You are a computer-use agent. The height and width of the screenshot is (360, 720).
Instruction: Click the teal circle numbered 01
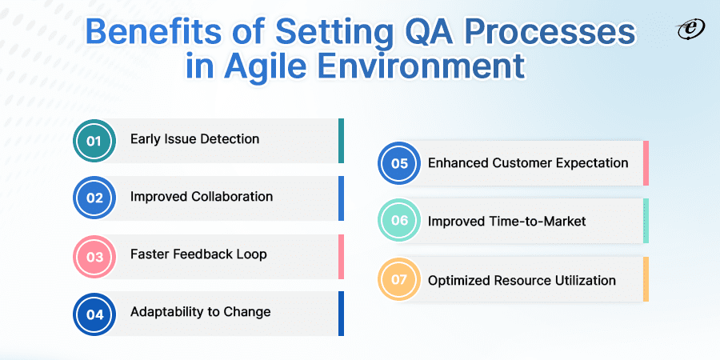coord(94,141)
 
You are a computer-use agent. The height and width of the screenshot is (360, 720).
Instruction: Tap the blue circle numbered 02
coord(94,198)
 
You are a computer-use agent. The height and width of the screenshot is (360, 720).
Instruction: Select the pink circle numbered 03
coord(94,257)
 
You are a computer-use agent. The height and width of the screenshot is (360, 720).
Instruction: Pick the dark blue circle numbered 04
coord(94,314)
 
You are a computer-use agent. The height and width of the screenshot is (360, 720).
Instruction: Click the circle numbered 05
coord(399,163)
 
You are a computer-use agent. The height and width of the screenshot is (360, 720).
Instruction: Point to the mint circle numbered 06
coord(399,221)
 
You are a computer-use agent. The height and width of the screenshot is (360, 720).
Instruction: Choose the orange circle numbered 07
coord(399,279)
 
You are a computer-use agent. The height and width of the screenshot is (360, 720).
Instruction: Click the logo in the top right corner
coord(691,30)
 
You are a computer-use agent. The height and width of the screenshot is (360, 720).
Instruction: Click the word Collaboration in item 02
coord(234,197)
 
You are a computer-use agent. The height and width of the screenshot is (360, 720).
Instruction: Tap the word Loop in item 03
coord(251,254)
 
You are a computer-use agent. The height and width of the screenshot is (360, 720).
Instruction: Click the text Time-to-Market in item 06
coord(535,222)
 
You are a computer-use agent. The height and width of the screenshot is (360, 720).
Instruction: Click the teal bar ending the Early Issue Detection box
coord(341,141)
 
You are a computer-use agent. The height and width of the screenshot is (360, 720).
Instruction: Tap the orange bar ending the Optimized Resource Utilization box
coord(646,279)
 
